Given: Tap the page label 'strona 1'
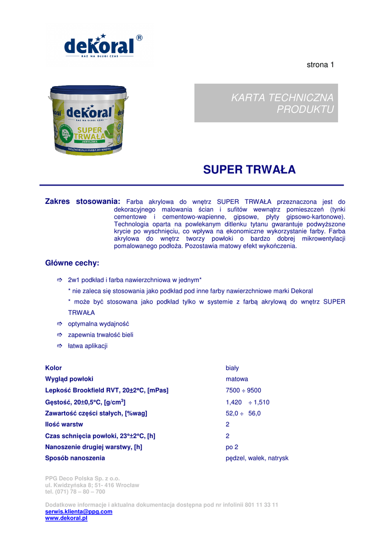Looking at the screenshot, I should click(x=320, y=65).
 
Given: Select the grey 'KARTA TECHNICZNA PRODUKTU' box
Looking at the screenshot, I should click(x=266, y=103).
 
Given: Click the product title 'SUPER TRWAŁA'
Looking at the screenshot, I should click(x=249, y=170).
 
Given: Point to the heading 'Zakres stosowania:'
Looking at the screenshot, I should click(x=83, y=201).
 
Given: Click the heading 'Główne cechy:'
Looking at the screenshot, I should click(x=72, y=262).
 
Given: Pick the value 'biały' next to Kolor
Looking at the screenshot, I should click(x=232, y=368).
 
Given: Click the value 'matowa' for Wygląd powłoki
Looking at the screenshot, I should click(x=237, y=379).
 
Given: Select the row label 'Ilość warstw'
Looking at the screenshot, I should click(x=64, y=424).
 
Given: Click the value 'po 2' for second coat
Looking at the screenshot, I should click(x=231, y=447).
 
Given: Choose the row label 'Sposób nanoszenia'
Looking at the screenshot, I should click(x=75, y=458).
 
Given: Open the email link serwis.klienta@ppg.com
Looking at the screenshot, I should click(x=79, y=511).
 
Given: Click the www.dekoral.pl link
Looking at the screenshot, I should click(x=66, y=518).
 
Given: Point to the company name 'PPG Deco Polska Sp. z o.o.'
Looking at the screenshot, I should click(x=82, y=479).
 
